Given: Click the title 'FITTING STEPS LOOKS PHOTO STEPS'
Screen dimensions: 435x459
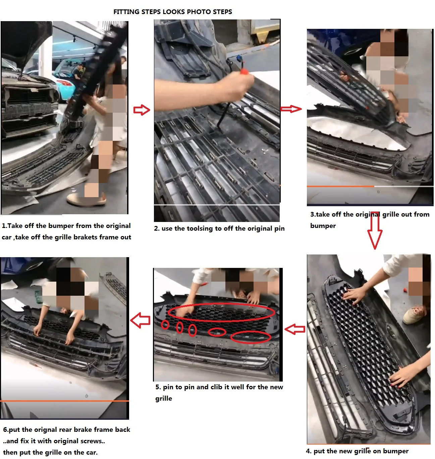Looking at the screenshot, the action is coord(173,12).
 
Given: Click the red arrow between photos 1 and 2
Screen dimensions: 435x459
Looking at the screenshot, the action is coord(142,110).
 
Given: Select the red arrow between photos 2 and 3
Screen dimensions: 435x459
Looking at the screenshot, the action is coord(291,109).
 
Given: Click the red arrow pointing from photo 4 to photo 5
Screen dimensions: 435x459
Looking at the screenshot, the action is coord(295,329).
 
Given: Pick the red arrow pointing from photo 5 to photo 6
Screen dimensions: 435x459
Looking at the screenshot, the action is coord(140,320).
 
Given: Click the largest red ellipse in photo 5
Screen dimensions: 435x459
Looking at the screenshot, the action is coord(221,312).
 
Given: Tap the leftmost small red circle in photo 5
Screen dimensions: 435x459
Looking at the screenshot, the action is coord(165,325).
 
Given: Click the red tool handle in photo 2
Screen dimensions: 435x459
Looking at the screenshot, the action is coord(245,71).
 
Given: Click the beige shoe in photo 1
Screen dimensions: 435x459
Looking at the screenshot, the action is coord(86,199).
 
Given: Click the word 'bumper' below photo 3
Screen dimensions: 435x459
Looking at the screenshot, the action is coord(323,226).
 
